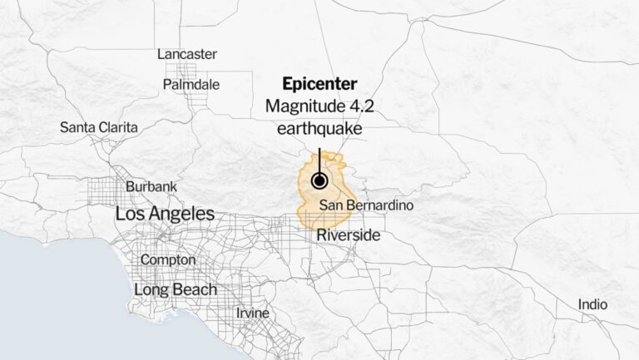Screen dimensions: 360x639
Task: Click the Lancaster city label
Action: click(187, 54)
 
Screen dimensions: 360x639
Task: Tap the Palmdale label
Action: click(191, 84)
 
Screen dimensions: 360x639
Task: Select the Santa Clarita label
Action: click(99, 127)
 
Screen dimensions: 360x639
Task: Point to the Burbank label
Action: click(151, 187)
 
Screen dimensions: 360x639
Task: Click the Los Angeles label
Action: click(165, 214)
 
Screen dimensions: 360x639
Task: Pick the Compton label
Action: click(168, 259)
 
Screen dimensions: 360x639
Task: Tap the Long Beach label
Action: click(176, 289)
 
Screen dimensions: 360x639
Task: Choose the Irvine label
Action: click(252, 313)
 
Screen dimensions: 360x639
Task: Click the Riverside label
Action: click(348, 235)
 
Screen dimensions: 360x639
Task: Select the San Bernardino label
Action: click(366, 205)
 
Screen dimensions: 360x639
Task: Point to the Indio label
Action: click(592, 305)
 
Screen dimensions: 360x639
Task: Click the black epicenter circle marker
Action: click(319, 181)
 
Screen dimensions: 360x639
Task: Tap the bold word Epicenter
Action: click(319, 84)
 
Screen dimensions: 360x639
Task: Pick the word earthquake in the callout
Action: click(319, 129)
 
